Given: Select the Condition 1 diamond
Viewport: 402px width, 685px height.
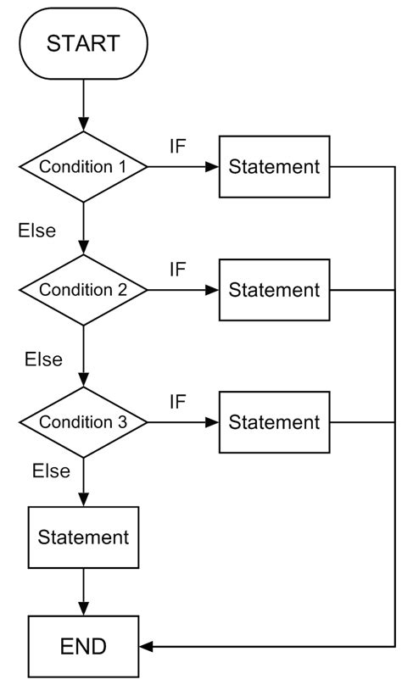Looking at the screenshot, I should pyautogui.click(x=83, y=166).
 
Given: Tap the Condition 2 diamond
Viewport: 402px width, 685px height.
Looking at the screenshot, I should pyautogui.click(x=83, y=290).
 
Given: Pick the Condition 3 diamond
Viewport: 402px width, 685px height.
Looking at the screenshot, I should pyautogui.click(x=83, y=421).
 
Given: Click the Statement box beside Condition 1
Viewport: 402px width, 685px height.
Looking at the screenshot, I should pyautogui.click(x=275, y=166).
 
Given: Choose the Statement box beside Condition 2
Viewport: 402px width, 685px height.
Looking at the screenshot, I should pyautogui.click(x=275, y=290).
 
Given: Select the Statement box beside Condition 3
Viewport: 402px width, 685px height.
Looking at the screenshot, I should pyautogui.click(x=275, y=421).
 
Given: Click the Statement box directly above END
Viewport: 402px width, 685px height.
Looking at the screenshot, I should pyautogui.click(x=83, y=537).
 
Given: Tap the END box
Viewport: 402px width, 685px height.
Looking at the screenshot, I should pyautogui.click(x=83, y=647).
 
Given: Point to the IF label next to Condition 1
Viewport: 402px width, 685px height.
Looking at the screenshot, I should pyautogui.click(x=177, y=146).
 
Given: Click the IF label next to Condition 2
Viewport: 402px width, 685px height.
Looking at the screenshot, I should pyautogui.click(x=177, y=270).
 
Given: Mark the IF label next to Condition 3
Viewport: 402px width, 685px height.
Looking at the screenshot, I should pyautogui.click(x=177, y=401).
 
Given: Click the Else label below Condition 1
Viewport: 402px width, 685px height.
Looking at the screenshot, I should pyautogui.click(x=36, y=230).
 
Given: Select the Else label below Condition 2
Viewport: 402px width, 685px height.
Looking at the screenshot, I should pyautogui.click(x=43, y=359).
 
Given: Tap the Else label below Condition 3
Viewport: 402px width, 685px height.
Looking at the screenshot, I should pyautogui.click(x=51, y=471).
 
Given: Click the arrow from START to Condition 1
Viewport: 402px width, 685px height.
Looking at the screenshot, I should pyautogui.click(x=83, y=106).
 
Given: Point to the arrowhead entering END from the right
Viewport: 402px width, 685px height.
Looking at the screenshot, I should pyautogui.click(x=146, y=647).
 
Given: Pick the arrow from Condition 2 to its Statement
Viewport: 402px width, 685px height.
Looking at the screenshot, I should pyautogui.click(x=183, y=290).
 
